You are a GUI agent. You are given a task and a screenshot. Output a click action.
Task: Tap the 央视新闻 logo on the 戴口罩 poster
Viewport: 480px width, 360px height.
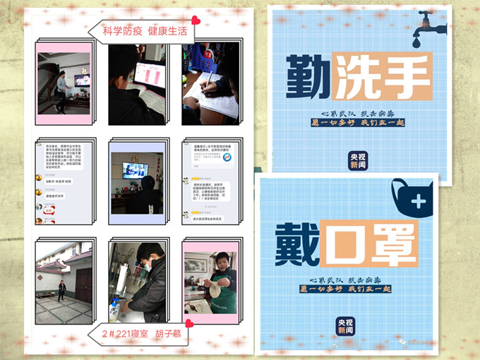[x=343, y=326]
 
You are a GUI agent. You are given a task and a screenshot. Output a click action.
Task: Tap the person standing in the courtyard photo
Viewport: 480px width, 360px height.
[x=61, y=289]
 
